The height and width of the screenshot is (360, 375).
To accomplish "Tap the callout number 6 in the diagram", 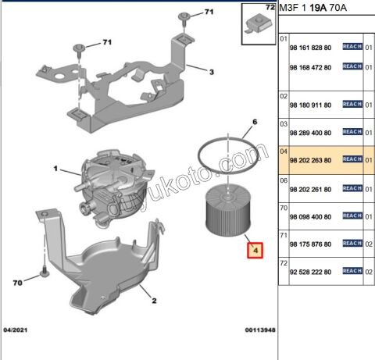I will [254, 123].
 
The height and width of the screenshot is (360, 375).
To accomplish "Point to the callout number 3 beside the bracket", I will [211, 71].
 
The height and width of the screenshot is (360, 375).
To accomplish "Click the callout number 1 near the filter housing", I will [56, 169].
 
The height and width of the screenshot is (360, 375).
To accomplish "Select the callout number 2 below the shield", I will [154, 301].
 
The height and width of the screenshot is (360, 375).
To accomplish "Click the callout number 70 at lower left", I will [18, 283].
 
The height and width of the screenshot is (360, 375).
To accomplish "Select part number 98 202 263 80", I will [311, 160].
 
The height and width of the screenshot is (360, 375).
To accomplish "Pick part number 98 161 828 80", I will [311, 48].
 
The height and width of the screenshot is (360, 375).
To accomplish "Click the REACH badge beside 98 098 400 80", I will [352, 215].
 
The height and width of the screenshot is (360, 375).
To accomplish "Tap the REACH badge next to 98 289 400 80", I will [352, 132].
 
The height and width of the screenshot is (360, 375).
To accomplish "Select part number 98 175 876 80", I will [311, 243].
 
